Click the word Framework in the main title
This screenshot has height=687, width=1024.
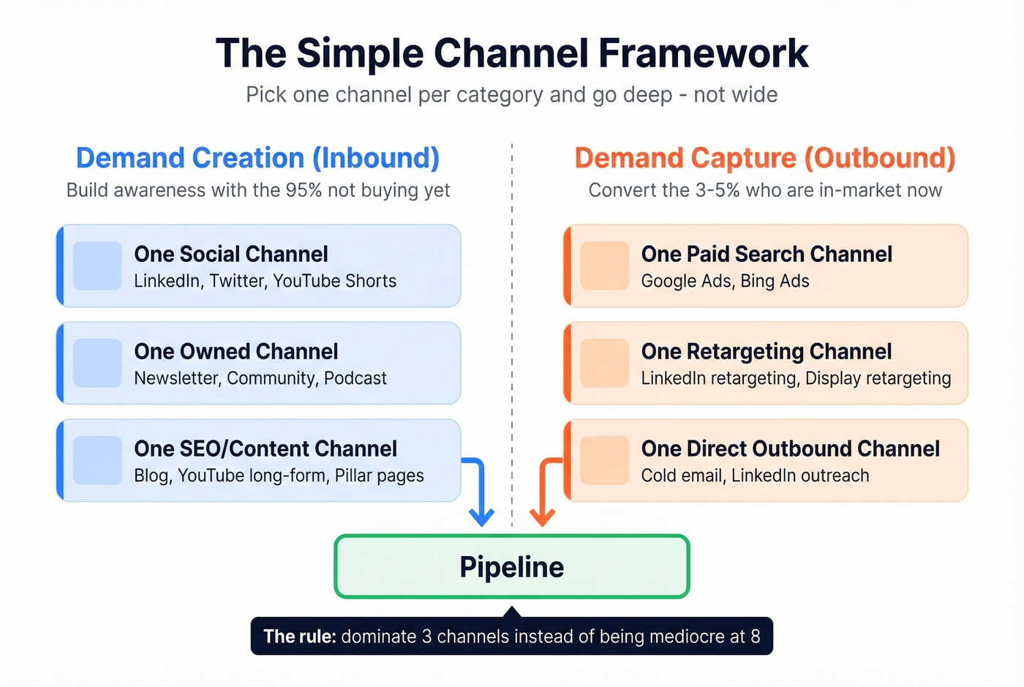(x=703, y=53)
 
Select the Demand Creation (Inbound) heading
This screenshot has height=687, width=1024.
(x=257, y=158)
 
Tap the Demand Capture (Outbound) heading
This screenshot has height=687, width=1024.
(x=764, y=158)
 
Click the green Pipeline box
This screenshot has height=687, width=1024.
(x=511, y=567)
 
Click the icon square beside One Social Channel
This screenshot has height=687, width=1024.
(x=97, y=266)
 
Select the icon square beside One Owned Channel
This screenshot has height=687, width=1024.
(x=97, y=363)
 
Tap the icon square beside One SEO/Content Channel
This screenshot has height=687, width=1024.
(x=97, y=460)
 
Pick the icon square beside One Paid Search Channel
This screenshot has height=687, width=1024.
(x=604, y=266)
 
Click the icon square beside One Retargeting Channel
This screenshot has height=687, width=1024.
(x=604, y=363)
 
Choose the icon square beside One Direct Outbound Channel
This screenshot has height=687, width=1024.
(x=604, y=460)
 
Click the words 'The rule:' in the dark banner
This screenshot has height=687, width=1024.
(x=299, y=637)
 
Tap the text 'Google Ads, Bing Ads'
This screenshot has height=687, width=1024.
(x=725, y=282)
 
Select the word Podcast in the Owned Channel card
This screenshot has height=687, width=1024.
(x=355, y=378)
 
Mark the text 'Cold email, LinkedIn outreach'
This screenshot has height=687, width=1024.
(x=755, y=476)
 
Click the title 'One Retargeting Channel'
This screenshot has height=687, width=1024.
(x=766, y=352)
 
